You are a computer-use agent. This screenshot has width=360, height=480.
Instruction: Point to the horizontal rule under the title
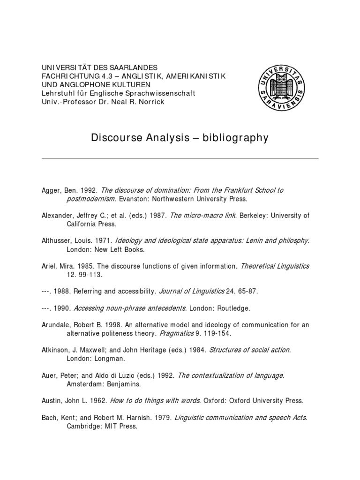point(180,158)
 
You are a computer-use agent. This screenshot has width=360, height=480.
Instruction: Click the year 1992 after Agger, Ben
point(88,190)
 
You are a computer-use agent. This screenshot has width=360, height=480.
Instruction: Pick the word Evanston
point(131,199)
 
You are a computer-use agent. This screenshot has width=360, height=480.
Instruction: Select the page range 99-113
point(89,275)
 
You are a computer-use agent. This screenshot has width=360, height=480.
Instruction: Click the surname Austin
point(52,401)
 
